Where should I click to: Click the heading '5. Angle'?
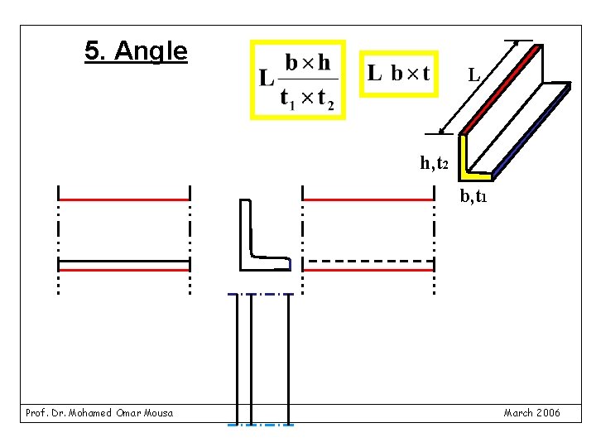pyautogui.click(x=136, y=52)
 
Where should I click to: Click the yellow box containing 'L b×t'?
pyautogui.click(x=399, y=74)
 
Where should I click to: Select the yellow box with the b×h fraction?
pyautogui.click(x=298, y=79)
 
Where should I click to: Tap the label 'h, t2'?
pyautogui.click(x=434, y=163)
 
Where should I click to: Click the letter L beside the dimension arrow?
pyautogui.click(x=473, y=75)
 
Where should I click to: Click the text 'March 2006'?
pyautogui.click(x=531, y=412)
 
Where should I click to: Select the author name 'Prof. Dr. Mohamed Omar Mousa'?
pyautogui.click(x=99, y=412)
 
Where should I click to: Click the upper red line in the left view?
pyautogui.click(x=124, y=199)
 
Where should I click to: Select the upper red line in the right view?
pyautogui.click(x=368, y=199)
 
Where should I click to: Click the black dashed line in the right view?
pyautogui.click(x=368, y=261)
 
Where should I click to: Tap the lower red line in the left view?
pyautogui.click(x=124, y=270)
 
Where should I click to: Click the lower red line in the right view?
pyautogui.click(x=368, y=270)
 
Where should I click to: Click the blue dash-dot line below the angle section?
pyautogui.click(x=260, y=294)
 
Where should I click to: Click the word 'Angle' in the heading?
pyautogui.click(x=151, y=52)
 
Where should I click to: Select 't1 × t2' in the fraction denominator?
pyautogui.click(x=307, y=100)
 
